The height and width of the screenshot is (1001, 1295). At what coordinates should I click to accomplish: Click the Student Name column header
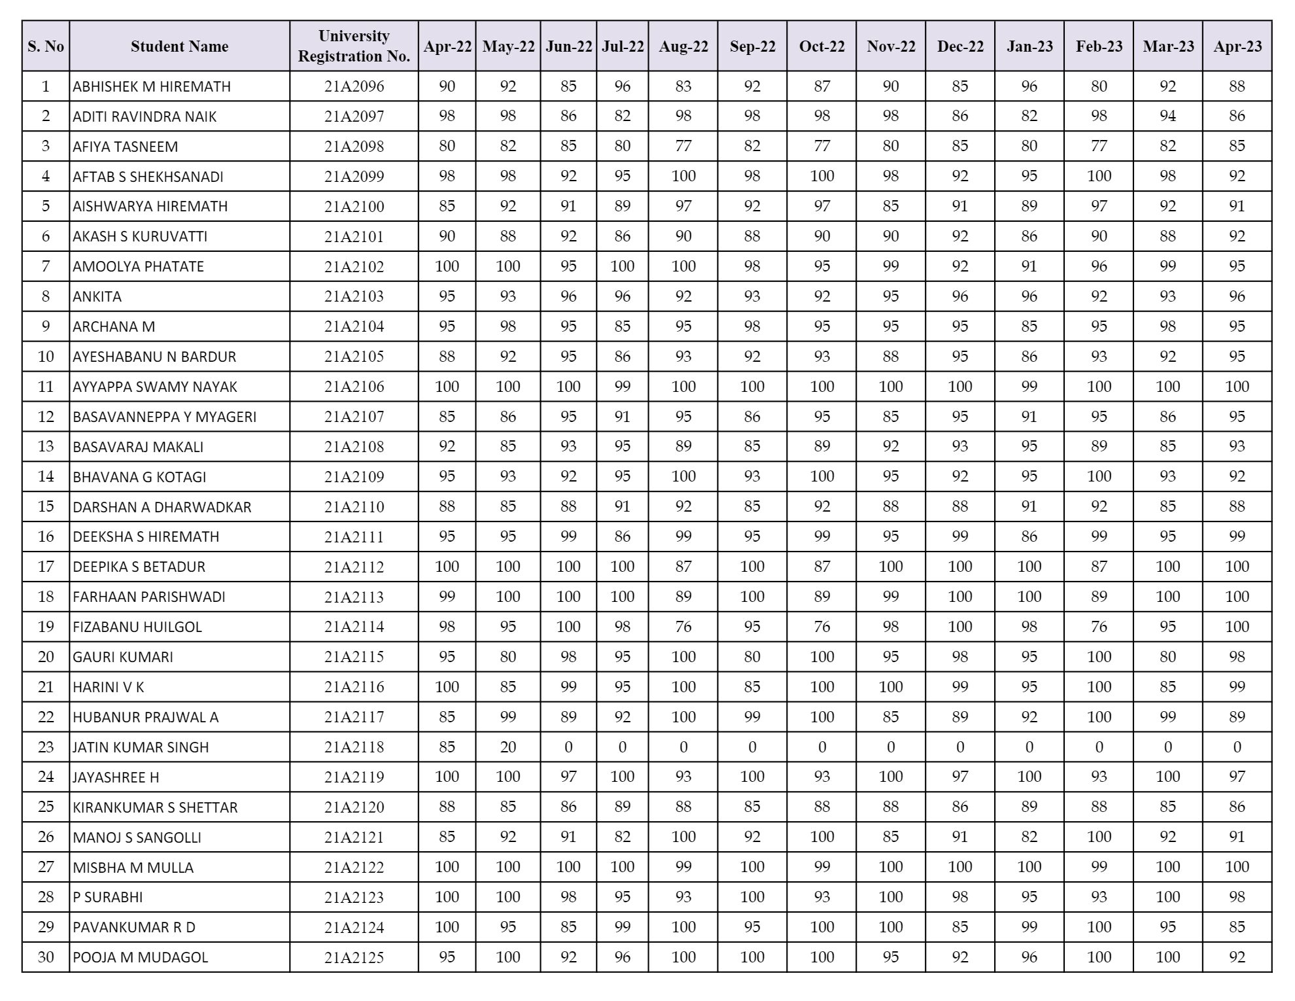179,46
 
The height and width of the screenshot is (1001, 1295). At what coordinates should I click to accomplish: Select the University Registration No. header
354,46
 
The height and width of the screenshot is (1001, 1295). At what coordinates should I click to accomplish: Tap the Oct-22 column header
821,46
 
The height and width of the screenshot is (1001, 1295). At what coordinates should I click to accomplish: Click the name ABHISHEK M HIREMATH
152,86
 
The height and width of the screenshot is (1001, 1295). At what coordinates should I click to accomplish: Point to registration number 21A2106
354,387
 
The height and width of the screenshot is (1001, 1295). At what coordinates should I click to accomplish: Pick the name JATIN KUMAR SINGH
141,747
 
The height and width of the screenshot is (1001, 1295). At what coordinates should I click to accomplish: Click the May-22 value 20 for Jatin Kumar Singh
508,747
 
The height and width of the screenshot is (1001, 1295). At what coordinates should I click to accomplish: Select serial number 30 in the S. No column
46,957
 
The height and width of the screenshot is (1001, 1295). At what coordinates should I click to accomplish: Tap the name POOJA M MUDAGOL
140,958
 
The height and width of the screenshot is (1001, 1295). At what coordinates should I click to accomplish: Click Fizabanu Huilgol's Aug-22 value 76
683,627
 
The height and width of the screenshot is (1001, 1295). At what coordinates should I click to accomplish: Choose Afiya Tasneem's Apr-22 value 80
447,146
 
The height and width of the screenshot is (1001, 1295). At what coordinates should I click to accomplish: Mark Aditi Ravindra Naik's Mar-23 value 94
1167,116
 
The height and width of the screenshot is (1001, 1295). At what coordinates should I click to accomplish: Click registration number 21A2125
354,958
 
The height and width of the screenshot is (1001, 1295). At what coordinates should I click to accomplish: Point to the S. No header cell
46,46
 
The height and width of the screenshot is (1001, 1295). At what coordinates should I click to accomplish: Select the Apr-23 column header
1237,46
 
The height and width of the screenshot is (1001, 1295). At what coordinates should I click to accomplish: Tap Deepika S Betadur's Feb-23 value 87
1099,567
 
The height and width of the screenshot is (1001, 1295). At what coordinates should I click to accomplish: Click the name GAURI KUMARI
123,657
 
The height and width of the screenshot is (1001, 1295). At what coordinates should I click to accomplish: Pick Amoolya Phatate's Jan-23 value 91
1029,266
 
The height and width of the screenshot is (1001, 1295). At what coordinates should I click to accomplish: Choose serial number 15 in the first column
46,506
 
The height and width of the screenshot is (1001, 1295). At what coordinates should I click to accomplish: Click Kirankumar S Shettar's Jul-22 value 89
622,807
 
